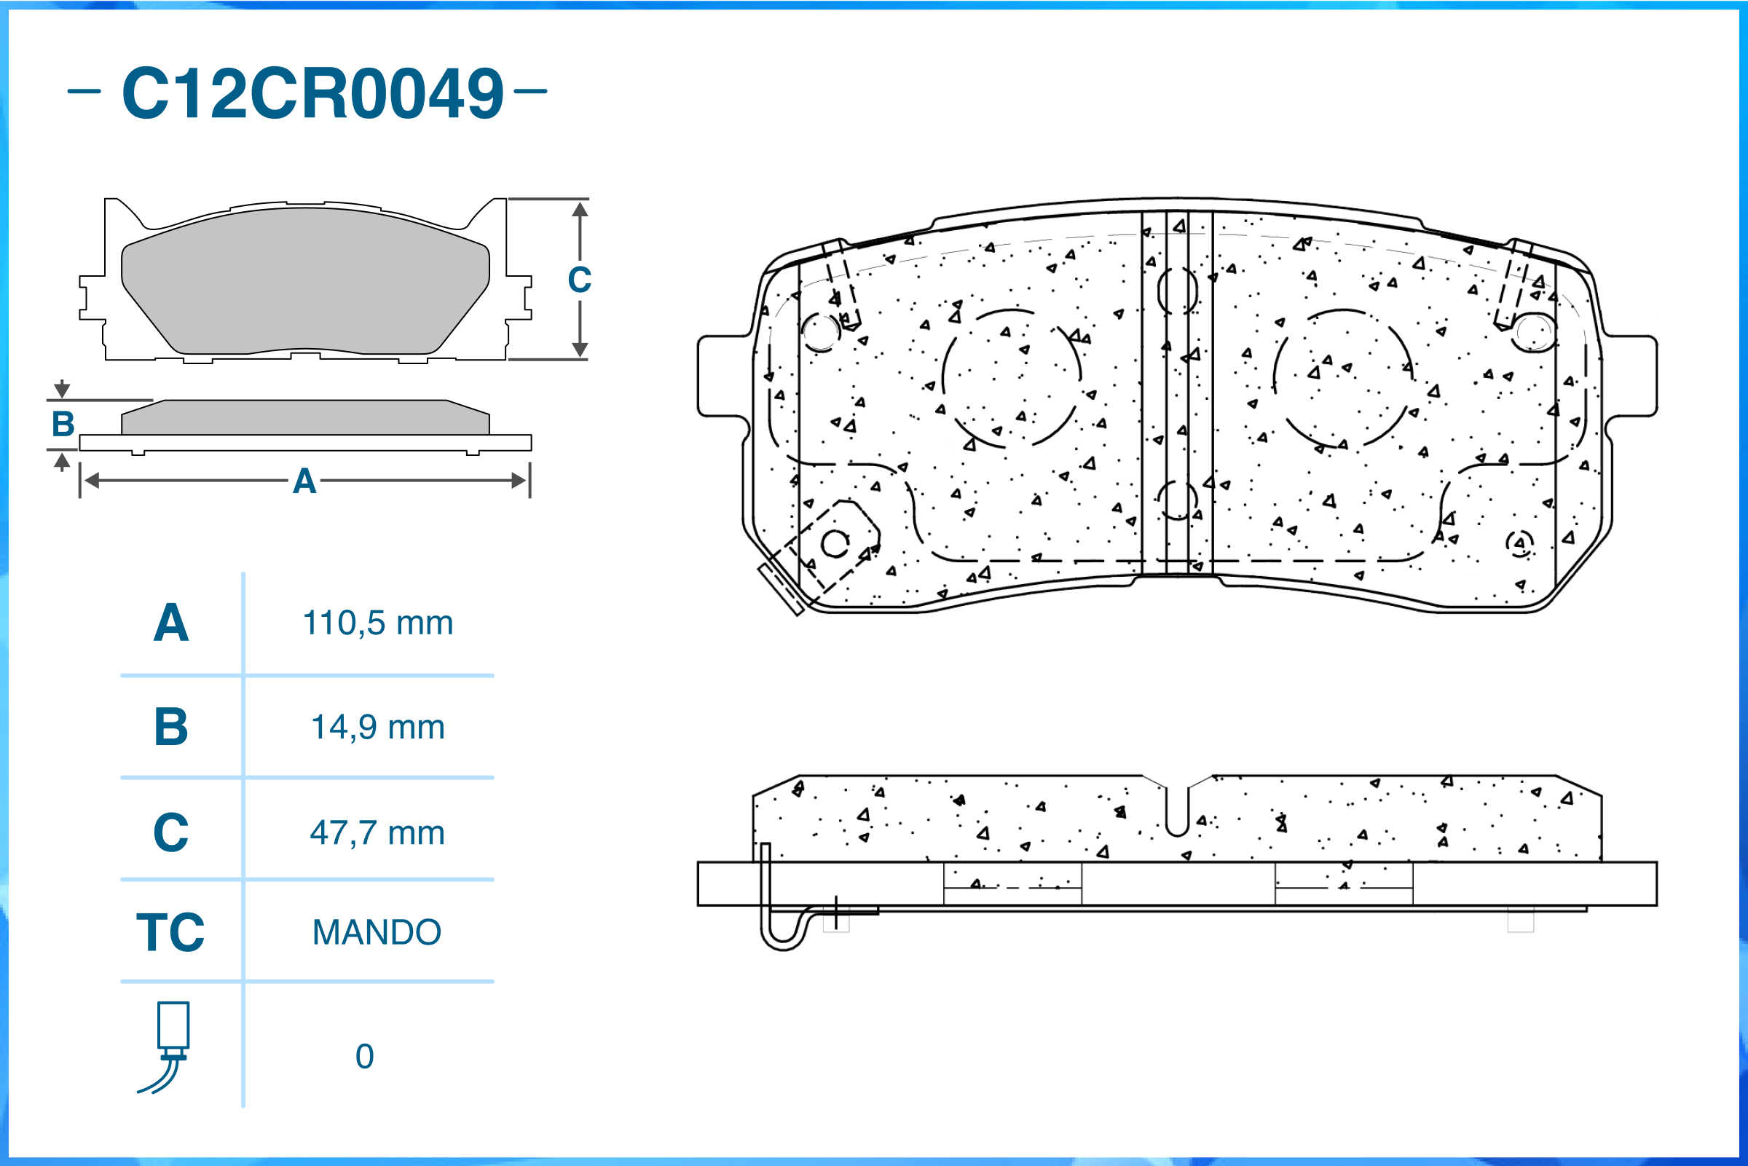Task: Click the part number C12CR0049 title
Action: coord(312,94)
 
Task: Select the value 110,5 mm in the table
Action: coord(378,623)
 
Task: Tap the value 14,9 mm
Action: coord(378,728)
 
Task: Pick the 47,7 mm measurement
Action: coord(378,833)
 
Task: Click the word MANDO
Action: coord(377,932)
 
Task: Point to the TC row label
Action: coord(170,932)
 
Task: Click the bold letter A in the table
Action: coord(171,623)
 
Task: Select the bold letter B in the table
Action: coord(171,728)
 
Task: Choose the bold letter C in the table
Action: coord(171,833)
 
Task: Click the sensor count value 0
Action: coord(364,1057)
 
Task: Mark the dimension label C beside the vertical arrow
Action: coord(579,280)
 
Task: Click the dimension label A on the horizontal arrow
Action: coord(304,482)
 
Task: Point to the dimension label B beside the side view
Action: coord(63,425)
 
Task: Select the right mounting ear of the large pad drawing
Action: coord(1631,377)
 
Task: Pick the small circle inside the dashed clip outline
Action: coord(835,544)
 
